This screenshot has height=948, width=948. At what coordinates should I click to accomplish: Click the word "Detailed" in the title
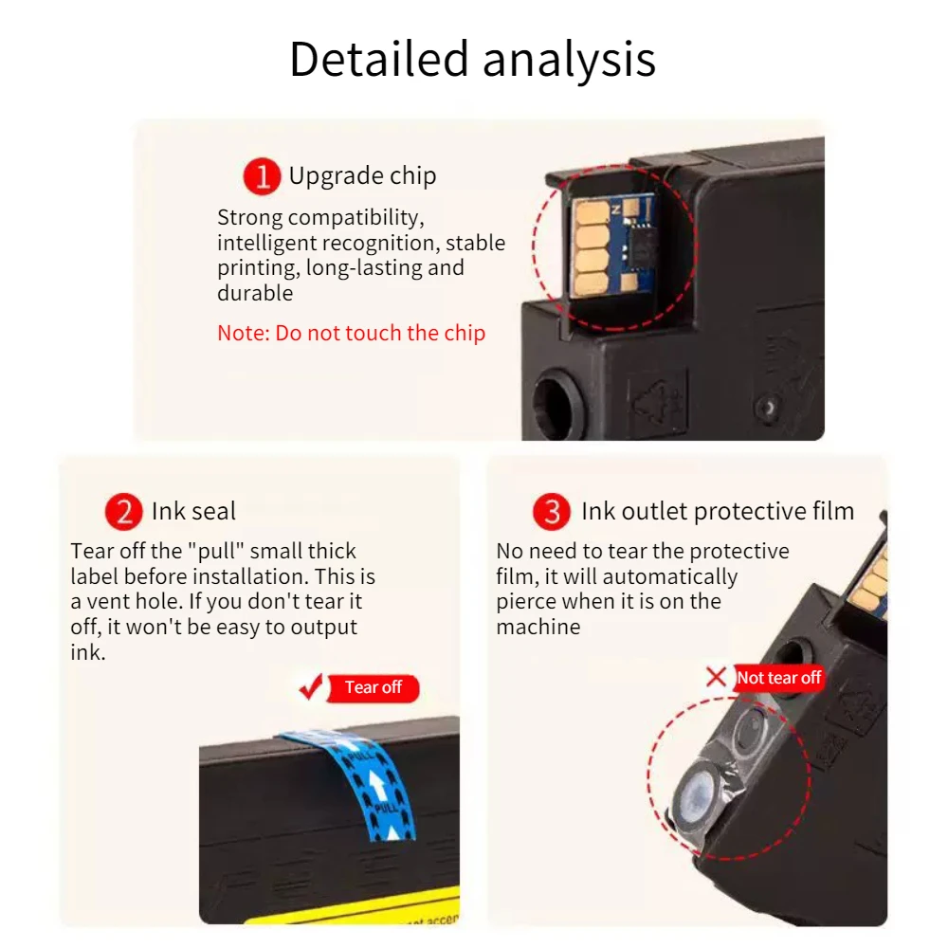(378, 59)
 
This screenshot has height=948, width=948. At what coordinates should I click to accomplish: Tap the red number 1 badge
(262, 176)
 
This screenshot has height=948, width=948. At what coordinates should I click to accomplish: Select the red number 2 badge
(123, 512)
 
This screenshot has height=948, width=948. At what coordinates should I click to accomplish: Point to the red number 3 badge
(552, 512)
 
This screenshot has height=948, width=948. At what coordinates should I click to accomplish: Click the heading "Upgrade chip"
(362, 176)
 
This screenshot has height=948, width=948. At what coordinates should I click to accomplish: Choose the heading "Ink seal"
(193, 512)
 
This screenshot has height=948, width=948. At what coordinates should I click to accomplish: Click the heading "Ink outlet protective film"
(718, 512)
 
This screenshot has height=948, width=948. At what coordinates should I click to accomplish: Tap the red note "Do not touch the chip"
(351, 333)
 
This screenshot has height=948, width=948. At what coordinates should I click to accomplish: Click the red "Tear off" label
(373, 688)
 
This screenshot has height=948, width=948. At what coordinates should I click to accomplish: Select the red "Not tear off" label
(778, 678)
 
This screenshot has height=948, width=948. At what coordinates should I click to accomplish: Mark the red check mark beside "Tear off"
(311, 687)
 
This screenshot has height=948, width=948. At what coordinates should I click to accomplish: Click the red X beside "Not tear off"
(717, 677)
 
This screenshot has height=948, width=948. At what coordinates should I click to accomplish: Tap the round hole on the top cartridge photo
(555, 402)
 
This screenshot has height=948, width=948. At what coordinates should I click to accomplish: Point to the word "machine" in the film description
(538, 627)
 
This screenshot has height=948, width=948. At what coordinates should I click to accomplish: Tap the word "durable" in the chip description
(255, 293)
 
